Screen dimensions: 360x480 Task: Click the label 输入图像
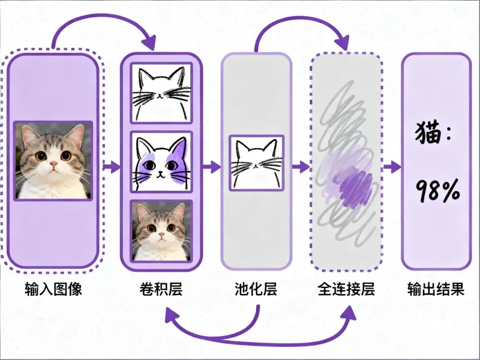point(53,289)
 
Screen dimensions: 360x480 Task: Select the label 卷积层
point(160,289)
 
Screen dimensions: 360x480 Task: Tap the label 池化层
point(256,289)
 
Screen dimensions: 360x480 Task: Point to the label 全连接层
point(346,289)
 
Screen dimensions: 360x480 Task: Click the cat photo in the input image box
point(53,161)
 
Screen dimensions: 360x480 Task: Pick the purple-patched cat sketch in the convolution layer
point(161,162)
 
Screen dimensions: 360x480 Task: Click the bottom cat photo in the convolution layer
point(161,231)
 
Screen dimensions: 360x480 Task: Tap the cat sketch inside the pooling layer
point(256,162)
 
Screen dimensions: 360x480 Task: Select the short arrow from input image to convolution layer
point(111,166)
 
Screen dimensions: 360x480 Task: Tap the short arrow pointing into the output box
point(392,166)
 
